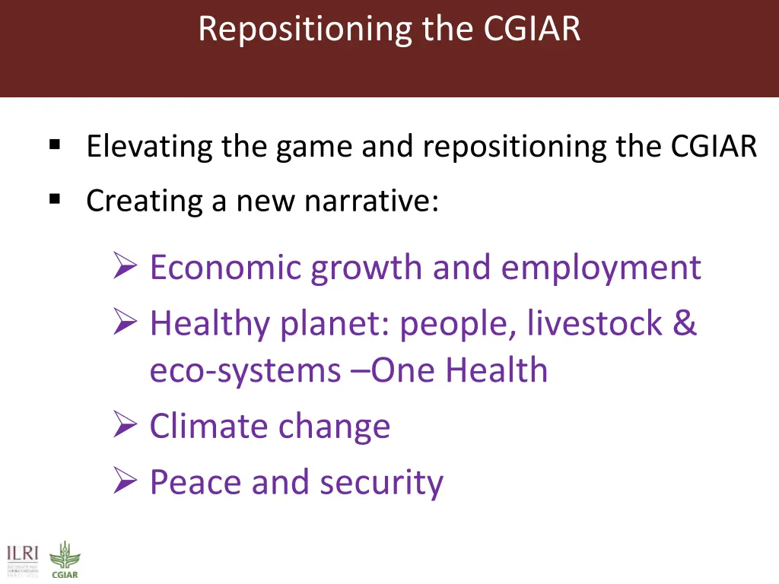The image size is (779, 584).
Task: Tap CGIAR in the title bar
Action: click(532, 30)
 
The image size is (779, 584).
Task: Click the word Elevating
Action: click(149, 146)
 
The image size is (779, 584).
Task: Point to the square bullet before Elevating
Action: click(54, 144)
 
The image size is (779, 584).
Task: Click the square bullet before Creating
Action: click(54, 199)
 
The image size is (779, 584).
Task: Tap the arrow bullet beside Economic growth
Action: click(124, 267)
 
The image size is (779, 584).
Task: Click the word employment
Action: click(601, 268)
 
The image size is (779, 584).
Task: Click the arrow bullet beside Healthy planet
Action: click(124, 323)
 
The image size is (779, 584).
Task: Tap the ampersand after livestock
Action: click(685, 323)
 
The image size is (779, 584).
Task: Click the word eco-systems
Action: click(245, 371)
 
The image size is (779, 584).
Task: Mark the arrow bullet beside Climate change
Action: click(124, 425)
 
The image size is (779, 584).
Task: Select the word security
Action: click(381, 483)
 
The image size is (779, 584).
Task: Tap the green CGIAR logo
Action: click(64, 559)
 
